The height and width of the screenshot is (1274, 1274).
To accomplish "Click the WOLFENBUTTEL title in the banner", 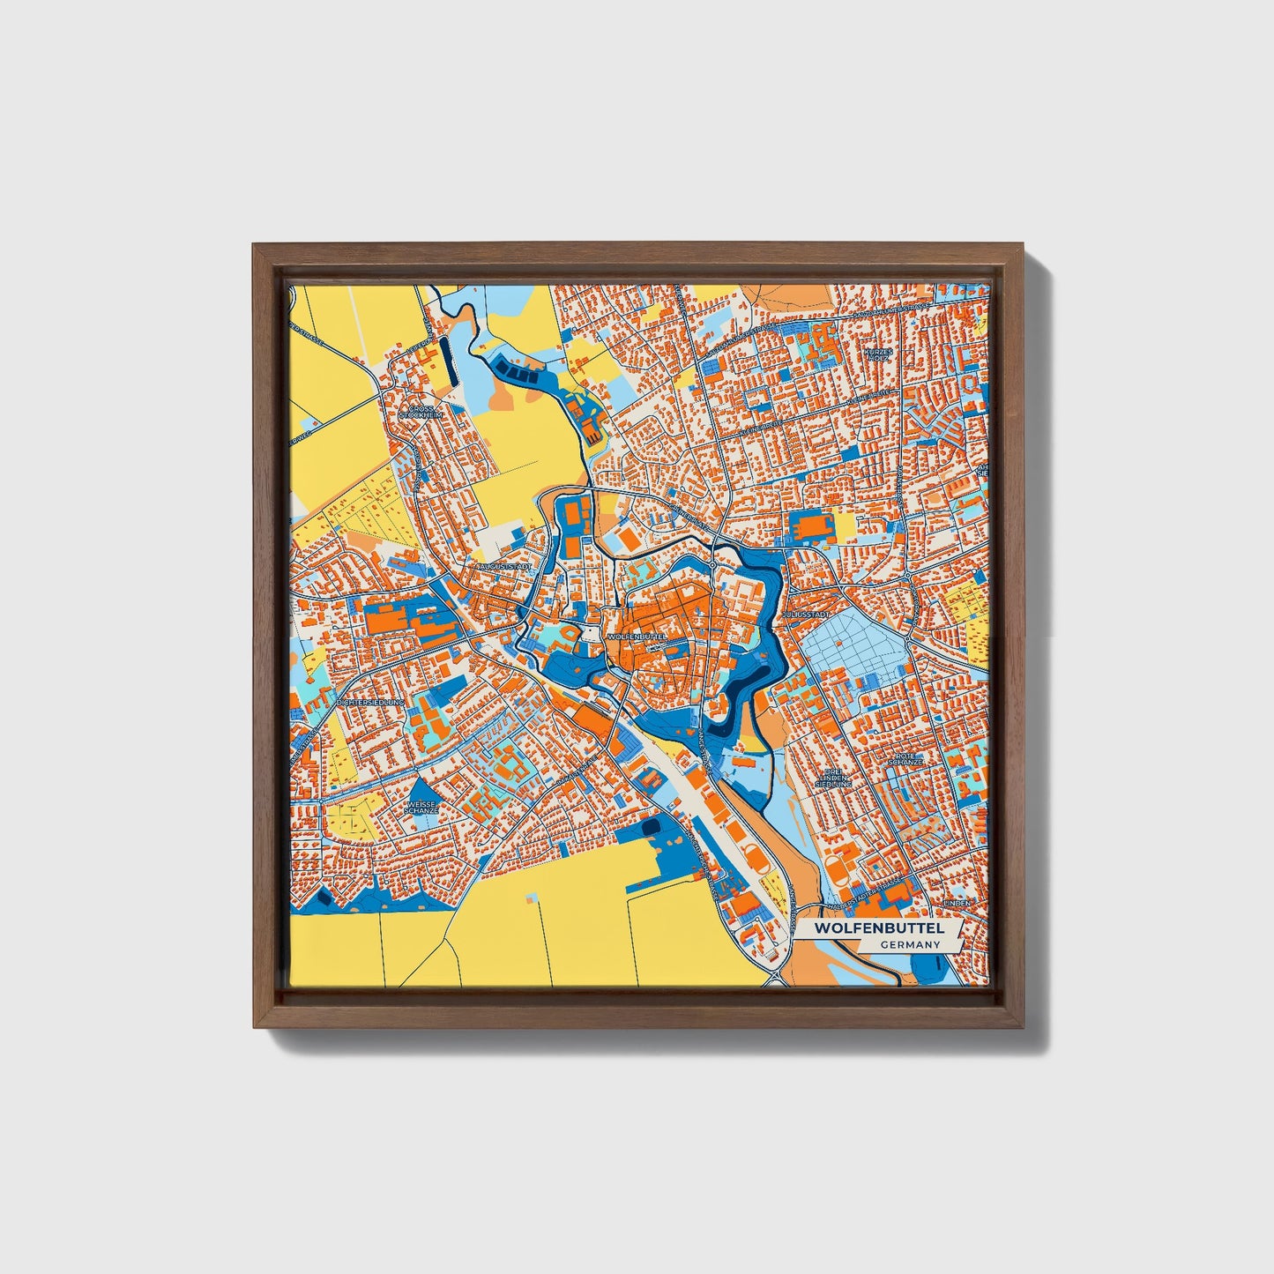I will point(878,928).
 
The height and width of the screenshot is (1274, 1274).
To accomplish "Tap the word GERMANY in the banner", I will point(910,944).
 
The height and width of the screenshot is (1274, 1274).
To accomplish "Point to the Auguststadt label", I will point(503,567).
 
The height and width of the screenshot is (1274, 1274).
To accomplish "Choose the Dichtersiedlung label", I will point(369,703).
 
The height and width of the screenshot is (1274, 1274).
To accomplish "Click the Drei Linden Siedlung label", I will point(833,778).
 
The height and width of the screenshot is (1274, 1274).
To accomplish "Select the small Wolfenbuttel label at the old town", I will point(632,635).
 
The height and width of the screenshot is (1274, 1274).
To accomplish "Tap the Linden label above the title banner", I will point(957,904).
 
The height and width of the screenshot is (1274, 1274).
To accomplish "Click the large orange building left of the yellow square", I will point(810,528).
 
